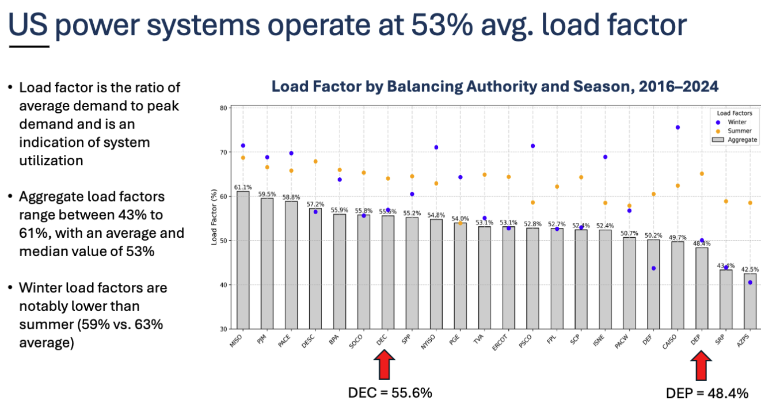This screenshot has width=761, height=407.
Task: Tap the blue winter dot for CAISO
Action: (x=678, y=127)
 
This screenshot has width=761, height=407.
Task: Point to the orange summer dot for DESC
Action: (x=315, y=161)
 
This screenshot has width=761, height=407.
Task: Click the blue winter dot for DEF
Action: (x=653, y=268)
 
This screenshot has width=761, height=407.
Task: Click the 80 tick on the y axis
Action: (x=223, y=108)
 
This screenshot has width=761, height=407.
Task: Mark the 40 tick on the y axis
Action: (x=223, y=285)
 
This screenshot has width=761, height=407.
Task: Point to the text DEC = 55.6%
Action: (x=390, y=393)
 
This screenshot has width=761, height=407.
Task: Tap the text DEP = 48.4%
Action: (x=707, y=394)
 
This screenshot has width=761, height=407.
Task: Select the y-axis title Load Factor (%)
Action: (x=215, y=218)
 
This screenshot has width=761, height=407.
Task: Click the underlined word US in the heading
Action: (x=29, y=26)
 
